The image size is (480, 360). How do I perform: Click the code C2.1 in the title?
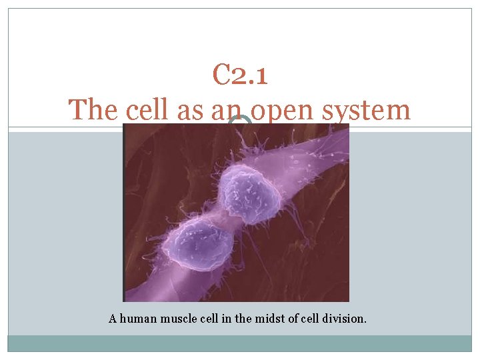click(240, 75)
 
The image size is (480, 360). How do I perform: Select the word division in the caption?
click(344, 319)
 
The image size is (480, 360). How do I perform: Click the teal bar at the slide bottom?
click(240, 343)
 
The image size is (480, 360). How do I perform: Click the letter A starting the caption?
click(113, 319)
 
